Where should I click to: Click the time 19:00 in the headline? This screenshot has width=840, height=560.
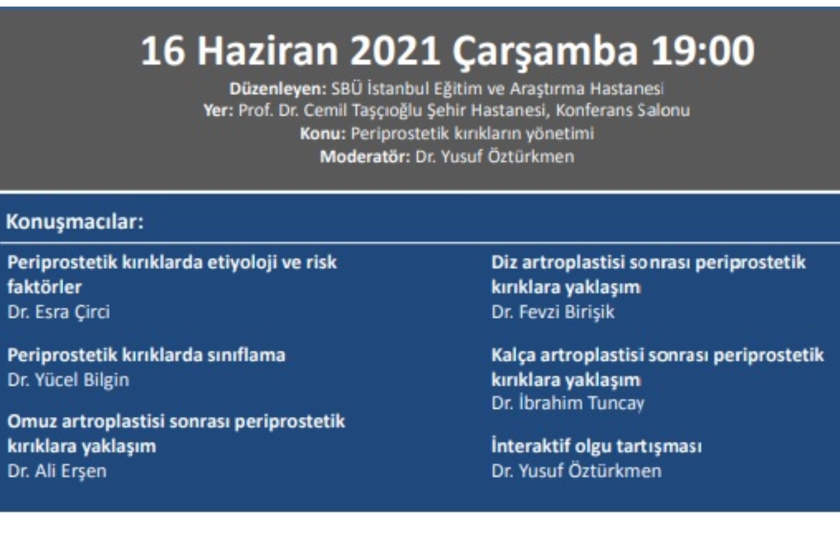[x=703, y=51]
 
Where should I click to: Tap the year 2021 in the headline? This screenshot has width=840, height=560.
[x=395, y=51]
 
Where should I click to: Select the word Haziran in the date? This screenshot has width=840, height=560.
[x=268, y=51]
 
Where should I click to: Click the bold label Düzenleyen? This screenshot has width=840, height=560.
[x=278, y=89]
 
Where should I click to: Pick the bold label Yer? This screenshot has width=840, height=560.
[x=218, y=111]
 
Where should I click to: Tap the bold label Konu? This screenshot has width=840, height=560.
[x=323, y=133]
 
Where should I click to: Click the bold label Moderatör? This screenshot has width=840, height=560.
[x=365, y=157]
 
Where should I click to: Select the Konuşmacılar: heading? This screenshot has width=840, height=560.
[x=75, y=222]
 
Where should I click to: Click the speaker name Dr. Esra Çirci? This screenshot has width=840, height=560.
[x=59, y=312]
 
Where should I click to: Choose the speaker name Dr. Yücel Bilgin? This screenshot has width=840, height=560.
[x=68, y=380]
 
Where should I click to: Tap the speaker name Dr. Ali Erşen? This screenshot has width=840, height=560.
[x=57, y=471]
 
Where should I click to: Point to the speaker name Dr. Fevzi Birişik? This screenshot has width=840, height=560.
[x=553, y=312]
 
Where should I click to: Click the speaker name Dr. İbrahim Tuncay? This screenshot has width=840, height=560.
[x=567, y=403]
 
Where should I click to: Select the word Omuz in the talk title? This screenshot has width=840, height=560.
[x=32, y=422]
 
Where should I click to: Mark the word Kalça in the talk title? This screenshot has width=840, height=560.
[x=513, y=355]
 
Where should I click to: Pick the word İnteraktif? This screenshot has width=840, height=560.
[x=530, y=446]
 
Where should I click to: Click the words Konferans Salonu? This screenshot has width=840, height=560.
[x=623, y=111]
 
